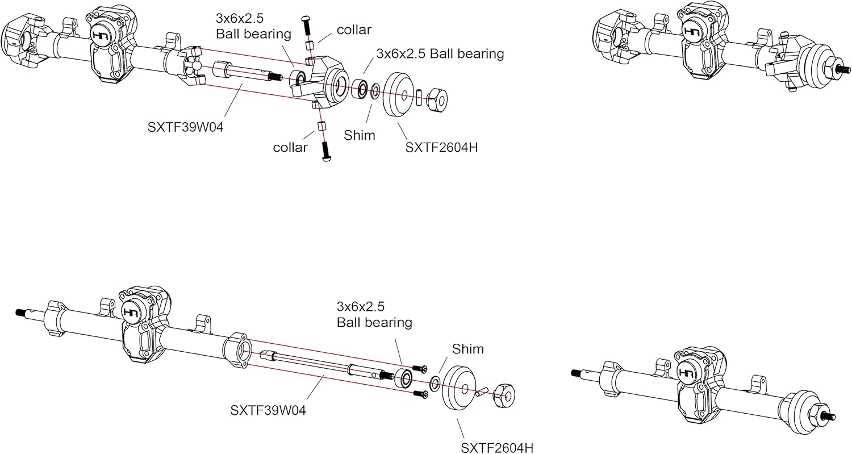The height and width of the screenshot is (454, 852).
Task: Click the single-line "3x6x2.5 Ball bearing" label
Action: tap(440, 54)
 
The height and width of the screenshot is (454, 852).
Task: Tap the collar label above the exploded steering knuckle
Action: tap(354, 30)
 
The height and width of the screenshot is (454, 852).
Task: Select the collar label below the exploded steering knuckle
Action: tap(290, 148)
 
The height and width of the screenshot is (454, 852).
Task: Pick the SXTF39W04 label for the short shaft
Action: tap(186, 127)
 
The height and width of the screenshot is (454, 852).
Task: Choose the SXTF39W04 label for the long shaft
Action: tap(268, 410)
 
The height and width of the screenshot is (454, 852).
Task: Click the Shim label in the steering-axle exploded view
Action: tap(360, 135)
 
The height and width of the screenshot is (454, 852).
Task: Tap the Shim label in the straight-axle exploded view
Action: tap(468, 348)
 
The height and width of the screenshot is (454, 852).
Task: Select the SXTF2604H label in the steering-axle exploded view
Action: tap(441, 148)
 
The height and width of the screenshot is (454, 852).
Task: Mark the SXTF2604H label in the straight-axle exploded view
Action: tap(498, 448)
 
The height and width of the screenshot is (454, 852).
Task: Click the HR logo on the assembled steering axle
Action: tap(692, 32)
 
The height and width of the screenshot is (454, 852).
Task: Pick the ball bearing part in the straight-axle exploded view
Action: tap(404, 378)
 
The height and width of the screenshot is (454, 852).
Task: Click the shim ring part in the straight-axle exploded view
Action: tap(435, 383)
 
